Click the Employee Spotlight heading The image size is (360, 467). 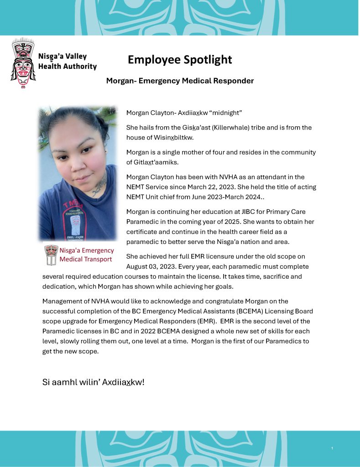click(x=180, y=60)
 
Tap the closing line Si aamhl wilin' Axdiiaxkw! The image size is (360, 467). click(x=93, y=382)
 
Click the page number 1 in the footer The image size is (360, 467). click(x=332, y=449)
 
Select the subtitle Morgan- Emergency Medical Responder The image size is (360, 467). click(x=180, y=81)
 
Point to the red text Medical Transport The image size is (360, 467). click(x=86, y=259)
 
